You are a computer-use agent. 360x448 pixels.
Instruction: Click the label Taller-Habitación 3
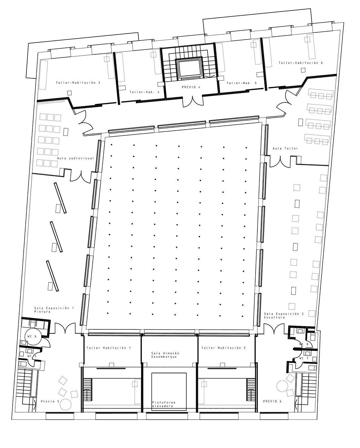coord(78,83)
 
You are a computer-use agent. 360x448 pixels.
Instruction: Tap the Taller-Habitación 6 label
coord(301,63)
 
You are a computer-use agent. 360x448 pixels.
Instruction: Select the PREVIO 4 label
coord(191,87)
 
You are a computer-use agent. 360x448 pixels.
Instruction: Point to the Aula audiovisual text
coord(76,158)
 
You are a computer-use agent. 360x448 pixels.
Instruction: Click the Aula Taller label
coord(285,148)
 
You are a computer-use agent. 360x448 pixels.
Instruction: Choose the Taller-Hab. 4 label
coord(145,92)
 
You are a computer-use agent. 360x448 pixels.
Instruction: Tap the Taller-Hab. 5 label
coord(242,83)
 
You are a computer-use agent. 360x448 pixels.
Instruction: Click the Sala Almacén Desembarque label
coord(165,355)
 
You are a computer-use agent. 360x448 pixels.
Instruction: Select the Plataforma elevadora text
coord(164,404)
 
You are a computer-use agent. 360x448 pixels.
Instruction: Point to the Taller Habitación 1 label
coord(109,348)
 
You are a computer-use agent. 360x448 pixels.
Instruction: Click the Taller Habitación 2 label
coord(223,348)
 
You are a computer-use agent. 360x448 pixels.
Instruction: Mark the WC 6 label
coord(32,336)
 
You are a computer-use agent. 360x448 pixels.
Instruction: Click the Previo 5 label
coord(50,401)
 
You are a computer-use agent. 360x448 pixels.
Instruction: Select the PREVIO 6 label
coord(272,401)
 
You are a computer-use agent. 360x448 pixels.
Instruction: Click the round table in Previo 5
coord(65,404)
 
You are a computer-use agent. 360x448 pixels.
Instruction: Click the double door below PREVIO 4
coord(193,101)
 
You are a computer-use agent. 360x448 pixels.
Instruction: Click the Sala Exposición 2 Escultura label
coord(284,316)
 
